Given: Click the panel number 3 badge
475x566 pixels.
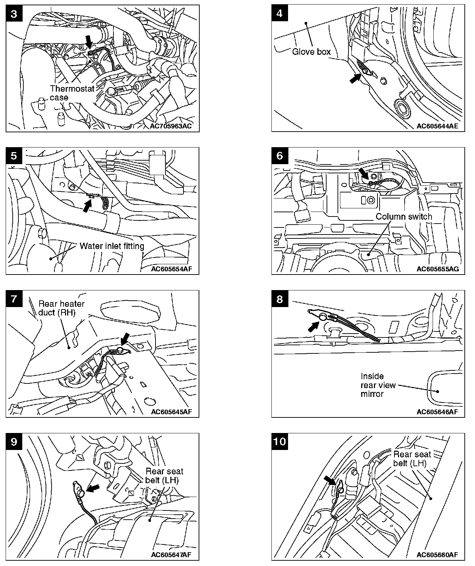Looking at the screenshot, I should coord(14,14).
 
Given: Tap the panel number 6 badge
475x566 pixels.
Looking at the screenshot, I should coord(280,156).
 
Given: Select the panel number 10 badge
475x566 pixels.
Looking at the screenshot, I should coord(280,441).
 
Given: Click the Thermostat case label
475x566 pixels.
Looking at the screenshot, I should coord(72,93).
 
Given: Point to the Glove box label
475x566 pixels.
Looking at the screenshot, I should coord(311,52).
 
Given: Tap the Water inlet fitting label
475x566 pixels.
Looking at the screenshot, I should coord(112,246).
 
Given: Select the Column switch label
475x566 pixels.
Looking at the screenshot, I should coord(404,216).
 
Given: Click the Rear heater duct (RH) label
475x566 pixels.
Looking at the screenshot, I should coord(61,308).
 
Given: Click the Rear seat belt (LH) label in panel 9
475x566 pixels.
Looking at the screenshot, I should coord(165,476).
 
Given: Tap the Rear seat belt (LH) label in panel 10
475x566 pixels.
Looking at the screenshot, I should coord(412,458).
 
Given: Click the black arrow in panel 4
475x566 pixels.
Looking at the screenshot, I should coord(354,79).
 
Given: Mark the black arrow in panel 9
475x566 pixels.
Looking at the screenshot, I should coord(93,489).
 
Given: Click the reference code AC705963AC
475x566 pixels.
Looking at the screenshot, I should coord(171,126).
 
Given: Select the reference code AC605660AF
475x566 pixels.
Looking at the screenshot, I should coord(437,555).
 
